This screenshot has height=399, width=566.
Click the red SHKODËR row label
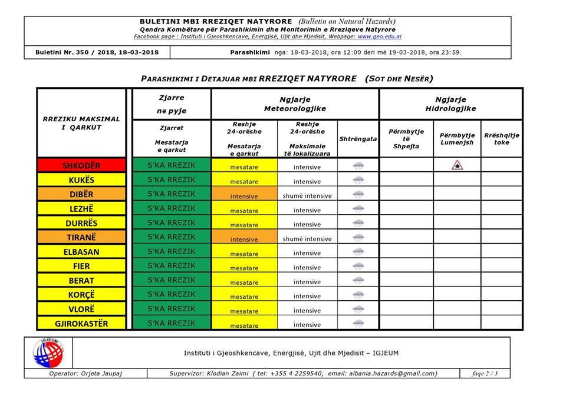pos(81,165)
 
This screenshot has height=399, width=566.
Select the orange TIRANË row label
pos(81,237)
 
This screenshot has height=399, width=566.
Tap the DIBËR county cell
pos(81,194)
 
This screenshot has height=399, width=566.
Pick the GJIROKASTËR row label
pos(81,323)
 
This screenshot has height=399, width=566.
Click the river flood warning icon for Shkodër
pos(457,165)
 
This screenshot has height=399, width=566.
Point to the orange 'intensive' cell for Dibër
pos(244,195)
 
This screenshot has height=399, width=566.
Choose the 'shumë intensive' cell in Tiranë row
pos(307,238)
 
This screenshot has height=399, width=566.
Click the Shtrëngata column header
pos(358,139)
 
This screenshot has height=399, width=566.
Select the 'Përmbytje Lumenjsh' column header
pos(457,139)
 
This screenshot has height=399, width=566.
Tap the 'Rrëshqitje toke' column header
pos(502,139)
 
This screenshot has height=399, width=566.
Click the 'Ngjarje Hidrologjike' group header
pos(450,104)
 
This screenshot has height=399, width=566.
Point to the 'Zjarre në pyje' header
pos(171,104)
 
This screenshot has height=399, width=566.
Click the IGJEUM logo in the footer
pos(48,353)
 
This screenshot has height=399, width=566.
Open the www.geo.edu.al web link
pos(379,36)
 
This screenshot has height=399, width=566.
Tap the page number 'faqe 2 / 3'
pos(485,373)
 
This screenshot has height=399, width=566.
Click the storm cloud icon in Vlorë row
pos(358,309)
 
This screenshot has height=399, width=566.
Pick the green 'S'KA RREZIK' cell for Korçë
pos(171,294)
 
